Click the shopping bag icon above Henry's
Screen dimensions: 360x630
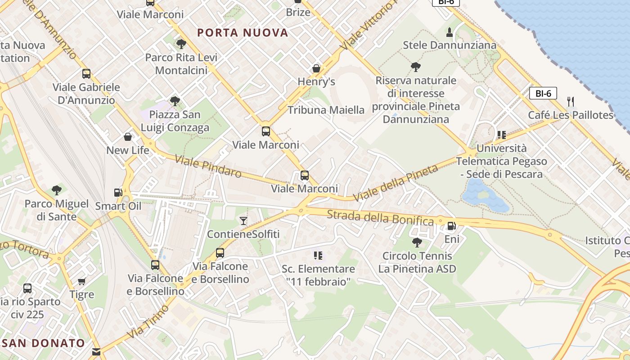[x=316, y=68]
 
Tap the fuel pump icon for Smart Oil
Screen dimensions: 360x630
[x=118, y=193]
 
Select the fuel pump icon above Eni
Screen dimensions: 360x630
[x=451, y=226]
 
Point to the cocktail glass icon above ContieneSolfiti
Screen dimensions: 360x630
[x=243, y=220]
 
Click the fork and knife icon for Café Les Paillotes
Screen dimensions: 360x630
[x=571, y=101]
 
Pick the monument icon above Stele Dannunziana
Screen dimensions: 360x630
[x=449, y=32]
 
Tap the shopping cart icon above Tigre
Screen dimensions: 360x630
[x=81, y=282]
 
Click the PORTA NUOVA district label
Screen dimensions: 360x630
[x=243, y=32]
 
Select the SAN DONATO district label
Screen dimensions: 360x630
[x=44, y=343]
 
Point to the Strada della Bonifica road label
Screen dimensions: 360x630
[x=380, y=218]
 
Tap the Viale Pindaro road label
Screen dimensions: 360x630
[x=208, y=166]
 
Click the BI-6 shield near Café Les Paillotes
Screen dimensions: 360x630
[x=543, y=94]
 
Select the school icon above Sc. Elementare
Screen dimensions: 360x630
[x=318, y=256]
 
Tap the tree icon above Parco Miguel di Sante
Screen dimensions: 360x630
[x=56, y=190]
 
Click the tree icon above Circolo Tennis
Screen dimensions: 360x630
[x=417, y=243]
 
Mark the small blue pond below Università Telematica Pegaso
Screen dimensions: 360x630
[x=484, y=196]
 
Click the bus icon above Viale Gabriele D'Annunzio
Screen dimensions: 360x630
[x=86, y=73]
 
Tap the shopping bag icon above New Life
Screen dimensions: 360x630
[x=128, y=137]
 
